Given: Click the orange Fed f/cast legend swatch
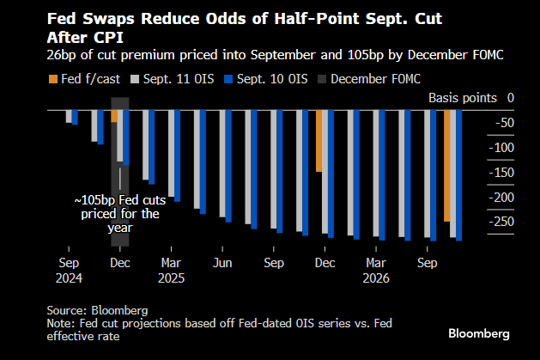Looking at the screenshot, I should click(x=48, y=80).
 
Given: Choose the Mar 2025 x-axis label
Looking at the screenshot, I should click(x=172, y=271).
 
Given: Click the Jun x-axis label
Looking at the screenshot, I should click(x=222, y=263).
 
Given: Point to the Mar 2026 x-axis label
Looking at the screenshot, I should click(x=376, y=271).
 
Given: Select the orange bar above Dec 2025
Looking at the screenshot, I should click(x=319, y=141).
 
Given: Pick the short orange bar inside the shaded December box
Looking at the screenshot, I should click(x=114, y=117).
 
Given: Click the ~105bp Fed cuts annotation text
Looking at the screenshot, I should click(x=119, y=214).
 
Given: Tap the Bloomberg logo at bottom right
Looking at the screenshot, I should click(x=479, y=332).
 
